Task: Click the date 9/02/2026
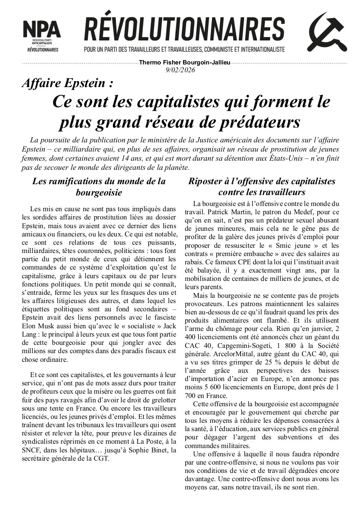click(x=180, y=70)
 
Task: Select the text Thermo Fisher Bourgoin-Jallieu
click(x=184, y=63)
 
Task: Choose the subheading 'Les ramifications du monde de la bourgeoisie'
click(x=99, y=186)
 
